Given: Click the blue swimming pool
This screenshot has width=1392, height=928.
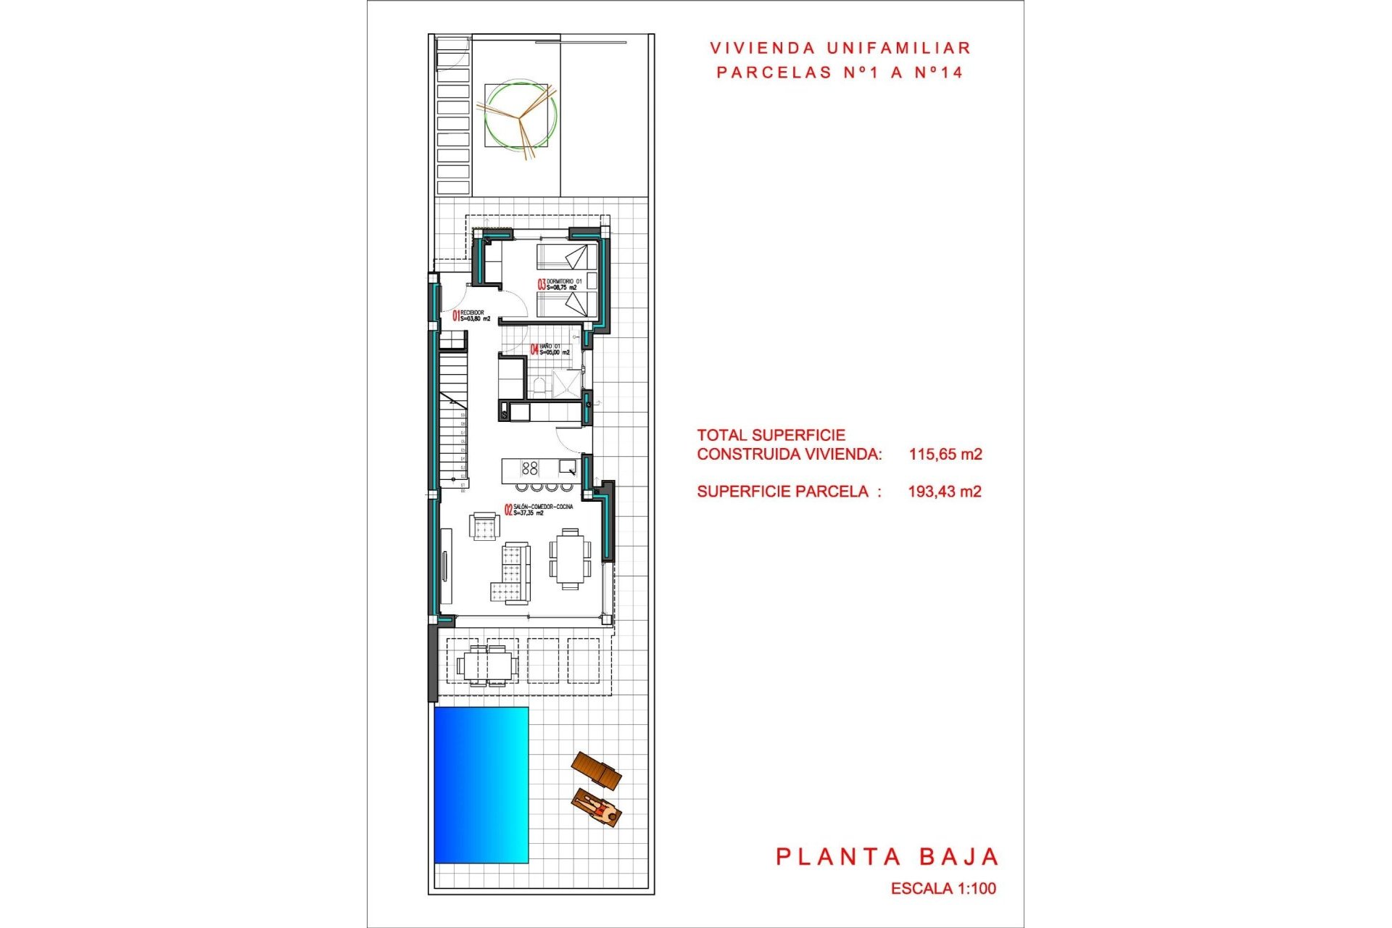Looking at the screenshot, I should [481, 784].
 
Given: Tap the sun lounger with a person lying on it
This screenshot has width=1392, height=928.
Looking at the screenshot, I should [597, 808].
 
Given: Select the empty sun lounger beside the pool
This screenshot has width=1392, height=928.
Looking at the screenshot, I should [597, 771].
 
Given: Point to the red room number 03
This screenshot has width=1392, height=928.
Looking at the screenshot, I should [541, 285].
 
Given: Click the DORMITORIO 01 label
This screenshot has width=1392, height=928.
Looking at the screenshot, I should [564, 281].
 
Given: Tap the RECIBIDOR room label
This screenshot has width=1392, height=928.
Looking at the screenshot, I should [472, 312].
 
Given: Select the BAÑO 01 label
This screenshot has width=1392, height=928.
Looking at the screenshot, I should [550, 347].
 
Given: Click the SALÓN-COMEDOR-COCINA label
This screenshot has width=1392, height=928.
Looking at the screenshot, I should [543, 507].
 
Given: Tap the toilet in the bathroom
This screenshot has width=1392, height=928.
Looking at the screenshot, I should [538, 385].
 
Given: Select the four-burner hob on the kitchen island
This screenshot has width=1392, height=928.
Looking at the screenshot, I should [529, 468].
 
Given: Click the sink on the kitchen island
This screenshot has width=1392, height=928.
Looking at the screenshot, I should [567, 466].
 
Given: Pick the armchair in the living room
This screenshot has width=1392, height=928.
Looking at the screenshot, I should [484, 526].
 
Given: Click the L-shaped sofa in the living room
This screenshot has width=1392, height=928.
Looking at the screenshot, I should [513, 573].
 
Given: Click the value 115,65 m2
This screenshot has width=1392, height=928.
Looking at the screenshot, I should [945, 455].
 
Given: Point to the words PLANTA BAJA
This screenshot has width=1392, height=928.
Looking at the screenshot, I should [887, 857].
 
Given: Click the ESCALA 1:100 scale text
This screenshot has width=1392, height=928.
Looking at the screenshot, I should [943, 888].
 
